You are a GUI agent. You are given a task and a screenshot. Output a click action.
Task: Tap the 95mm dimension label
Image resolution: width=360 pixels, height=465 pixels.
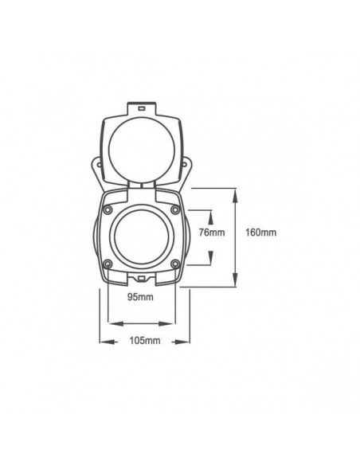pyautogui.click(x=139, y=297)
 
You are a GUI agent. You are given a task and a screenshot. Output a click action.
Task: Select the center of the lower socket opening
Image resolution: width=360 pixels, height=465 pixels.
pyautogui.click(x=140, y=236)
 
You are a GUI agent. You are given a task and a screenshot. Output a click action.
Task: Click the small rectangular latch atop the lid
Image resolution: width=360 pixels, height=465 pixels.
pyautogui.click(x=140, y=106)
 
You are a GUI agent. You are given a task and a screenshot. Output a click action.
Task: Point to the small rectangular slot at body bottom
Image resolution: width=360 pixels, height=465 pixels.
pyautogui.click(x=140, y=279)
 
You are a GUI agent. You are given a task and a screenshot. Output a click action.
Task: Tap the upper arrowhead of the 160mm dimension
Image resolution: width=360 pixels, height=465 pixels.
pyautogui.click(x=237, y=192)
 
